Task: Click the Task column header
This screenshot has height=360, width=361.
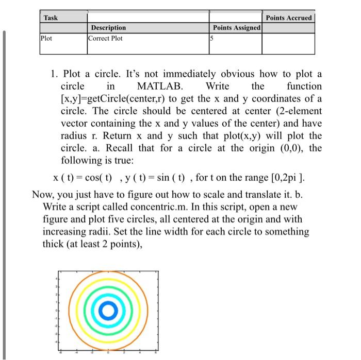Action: pyautogui.click(x=51, y=18)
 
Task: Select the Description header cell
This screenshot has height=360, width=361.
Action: pyautogui.click(x=108, y=28)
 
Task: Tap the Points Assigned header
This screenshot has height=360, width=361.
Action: pyautogui.click(x=236, y=28)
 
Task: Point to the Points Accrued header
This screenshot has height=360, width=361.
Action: pyautogui.click(x=288, y=18)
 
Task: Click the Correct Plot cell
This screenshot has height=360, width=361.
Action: pyautogui.click(x=106, y=38)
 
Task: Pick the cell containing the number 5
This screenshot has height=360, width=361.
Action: pyautogui.click(x=212, y=38)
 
